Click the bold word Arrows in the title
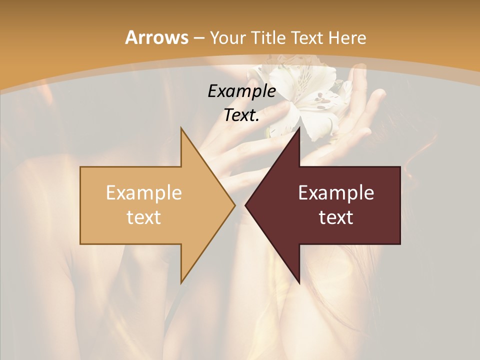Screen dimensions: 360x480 (156, 37)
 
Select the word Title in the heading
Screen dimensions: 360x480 (268, 37)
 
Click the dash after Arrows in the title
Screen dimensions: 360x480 (198, 38)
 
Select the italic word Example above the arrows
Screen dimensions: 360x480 (241, 91)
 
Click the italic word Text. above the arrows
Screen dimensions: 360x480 (241, 115)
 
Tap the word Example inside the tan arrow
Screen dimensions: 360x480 (144, 192)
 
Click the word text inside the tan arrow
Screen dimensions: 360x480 (144, 217)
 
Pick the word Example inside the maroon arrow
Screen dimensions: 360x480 (336, 192)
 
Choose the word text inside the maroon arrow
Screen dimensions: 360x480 (336, 217)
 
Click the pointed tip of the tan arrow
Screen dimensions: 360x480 (233, 205)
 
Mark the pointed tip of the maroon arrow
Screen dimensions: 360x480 (247, 205)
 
